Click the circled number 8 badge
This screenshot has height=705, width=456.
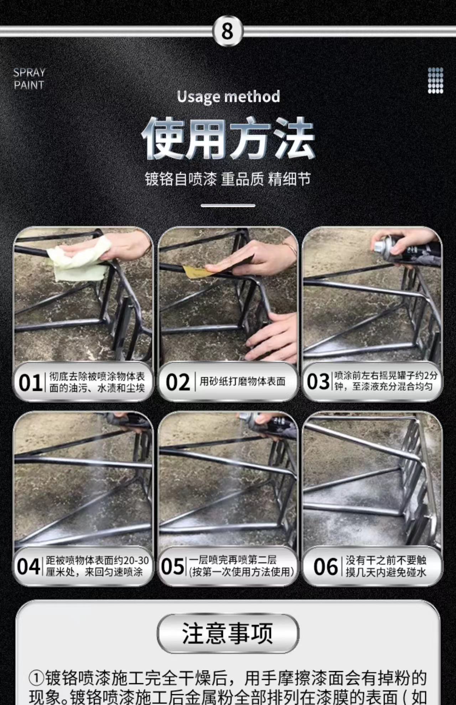[227, 31]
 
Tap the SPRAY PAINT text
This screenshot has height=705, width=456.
[29, 79]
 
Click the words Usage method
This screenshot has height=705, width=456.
[228, 97]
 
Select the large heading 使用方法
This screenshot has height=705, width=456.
[228, 138]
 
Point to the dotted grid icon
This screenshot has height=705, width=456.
[435, 80]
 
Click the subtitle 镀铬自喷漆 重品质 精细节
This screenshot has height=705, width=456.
[228, 179]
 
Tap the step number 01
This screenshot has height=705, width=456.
[30, 383]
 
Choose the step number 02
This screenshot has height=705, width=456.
[178, 382]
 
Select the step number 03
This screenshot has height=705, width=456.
[318, 382]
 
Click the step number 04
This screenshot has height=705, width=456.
[28, 567]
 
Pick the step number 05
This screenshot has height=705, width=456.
[173, 567]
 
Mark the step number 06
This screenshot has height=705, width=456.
[325, 567]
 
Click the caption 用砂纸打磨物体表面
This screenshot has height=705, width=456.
[242, 382]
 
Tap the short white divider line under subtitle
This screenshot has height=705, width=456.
[228, 205]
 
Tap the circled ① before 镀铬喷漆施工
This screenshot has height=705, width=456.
[36, 678]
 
